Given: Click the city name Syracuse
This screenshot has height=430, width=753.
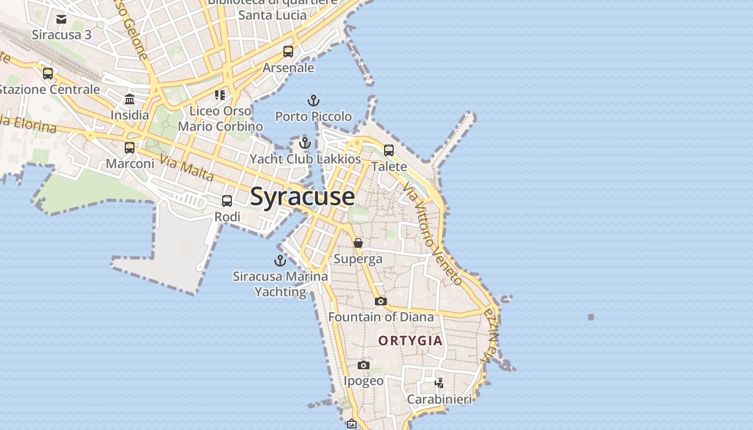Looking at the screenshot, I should click(x=302, y=197).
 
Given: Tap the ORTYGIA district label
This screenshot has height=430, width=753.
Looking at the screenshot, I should click(x=410, y=341).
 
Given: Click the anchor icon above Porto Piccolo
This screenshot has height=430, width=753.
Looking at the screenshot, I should click(x=313, y=101).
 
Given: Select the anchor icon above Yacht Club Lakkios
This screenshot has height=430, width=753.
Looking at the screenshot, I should click(x=305, y=144).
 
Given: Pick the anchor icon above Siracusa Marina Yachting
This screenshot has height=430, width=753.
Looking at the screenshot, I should click(x=280, y=261).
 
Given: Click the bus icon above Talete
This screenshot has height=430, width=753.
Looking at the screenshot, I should click(x=389, y=150).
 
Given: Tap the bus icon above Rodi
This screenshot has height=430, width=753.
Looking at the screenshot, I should click(x=227, y=201).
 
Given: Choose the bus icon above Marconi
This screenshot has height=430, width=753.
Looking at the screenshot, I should click(x=130, y=147).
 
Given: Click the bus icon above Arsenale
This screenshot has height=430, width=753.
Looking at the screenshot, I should click(x=288, y=52).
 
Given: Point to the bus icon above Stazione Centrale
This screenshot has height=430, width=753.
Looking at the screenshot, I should click(x=48, y=73).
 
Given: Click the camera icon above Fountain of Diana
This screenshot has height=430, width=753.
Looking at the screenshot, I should click(x=380, y=301).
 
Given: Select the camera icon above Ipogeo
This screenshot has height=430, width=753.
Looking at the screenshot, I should click(x=364, y=365).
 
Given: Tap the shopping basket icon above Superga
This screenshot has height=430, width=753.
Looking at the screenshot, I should click(x=358, y=243).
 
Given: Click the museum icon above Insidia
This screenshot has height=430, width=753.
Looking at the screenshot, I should click(x=130, y=99).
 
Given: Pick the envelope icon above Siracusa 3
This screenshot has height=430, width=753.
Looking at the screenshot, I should click(x=61, y=19).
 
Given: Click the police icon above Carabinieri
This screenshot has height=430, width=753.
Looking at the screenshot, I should click(x=439, y=383).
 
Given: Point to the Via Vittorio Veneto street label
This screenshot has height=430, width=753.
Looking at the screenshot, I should click(x=432, y=234).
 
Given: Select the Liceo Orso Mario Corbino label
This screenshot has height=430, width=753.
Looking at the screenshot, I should click(x=221, y=119).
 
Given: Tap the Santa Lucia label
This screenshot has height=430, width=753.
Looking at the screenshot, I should click(x=272, y=15).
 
